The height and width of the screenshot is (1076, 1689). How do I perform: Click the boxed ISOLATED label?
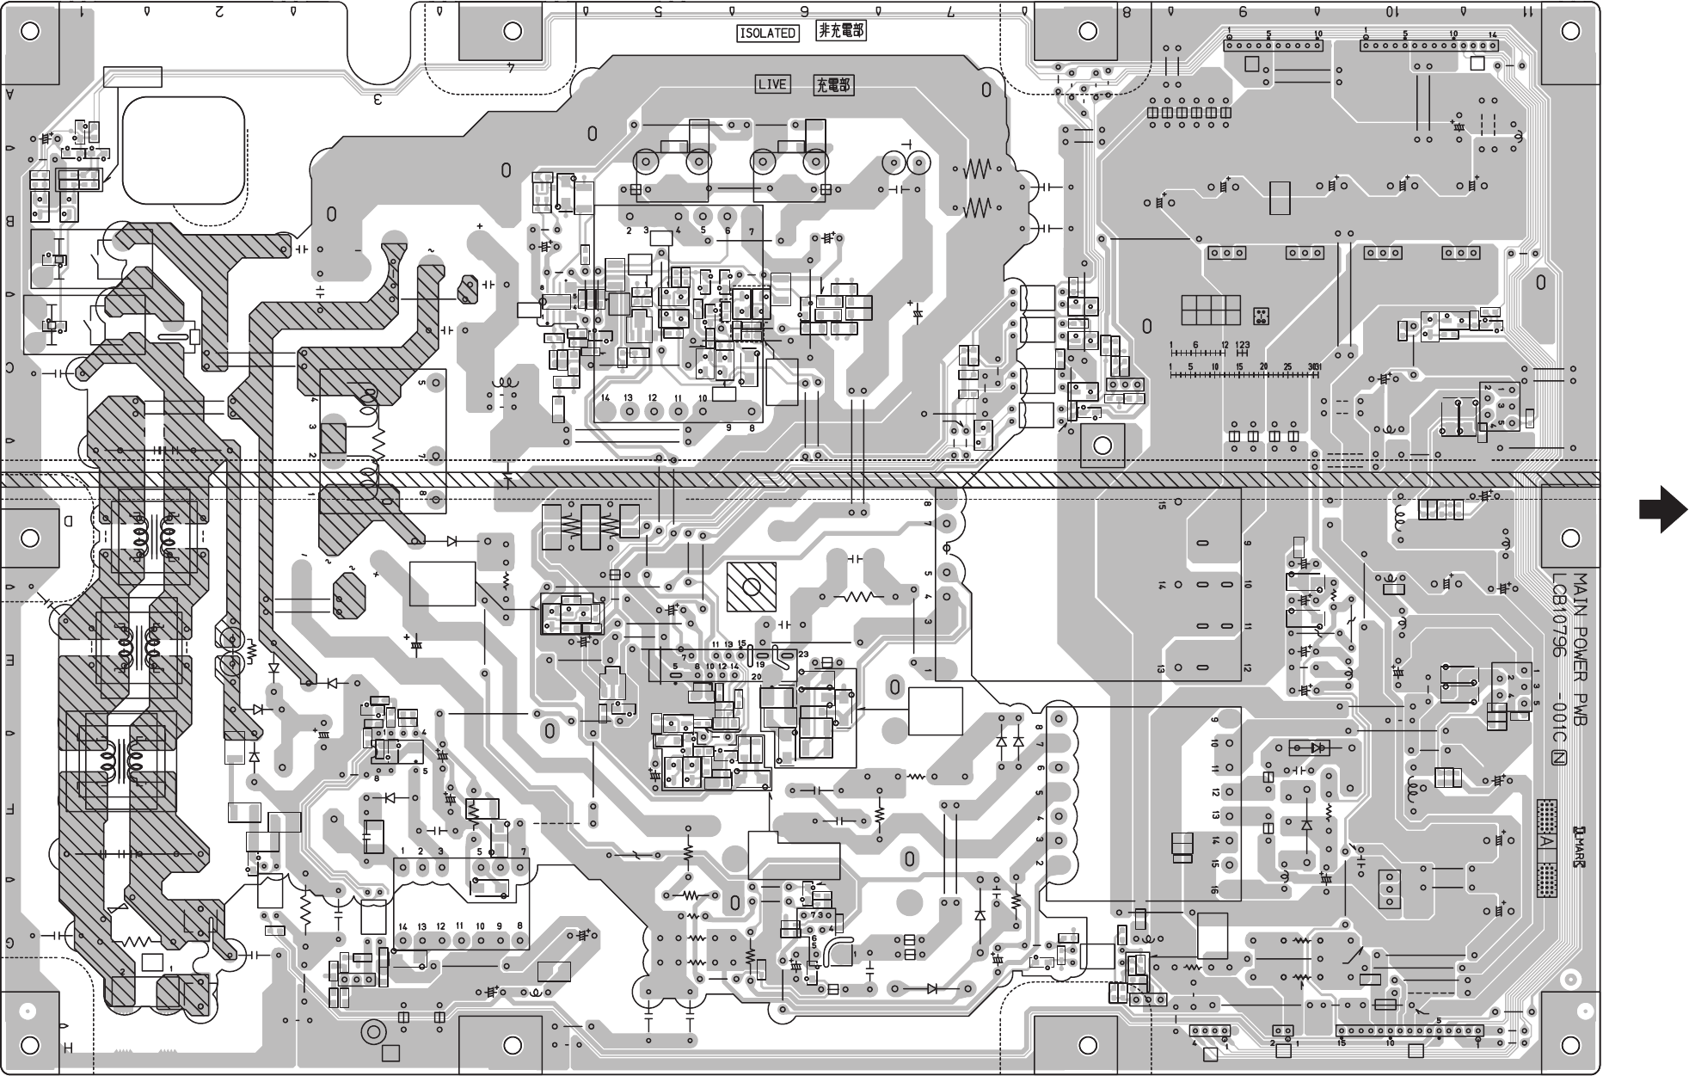point(767,33)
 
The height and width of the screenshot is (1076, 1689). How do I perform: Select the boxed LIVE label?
point(772,84)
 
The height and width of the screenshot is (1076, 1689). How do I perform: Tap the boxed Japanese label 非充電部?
point(841,32)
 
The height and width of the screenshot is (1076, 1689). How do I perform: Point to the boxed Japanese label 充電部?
point(833,85)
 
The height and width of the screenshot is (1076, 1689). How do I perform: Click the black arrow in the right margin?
point(1661,511)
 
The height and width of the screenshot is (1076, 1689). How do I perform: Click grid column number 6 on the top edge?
point(805,12)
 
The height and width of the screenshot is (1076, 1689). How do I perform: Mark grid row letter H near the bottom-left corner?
point(67,1047)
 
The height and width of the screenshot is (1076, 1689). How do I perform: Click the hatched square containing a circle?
point(752,587)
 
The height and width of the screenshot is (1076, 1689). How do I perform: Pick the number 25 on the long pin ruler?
point(1287,367)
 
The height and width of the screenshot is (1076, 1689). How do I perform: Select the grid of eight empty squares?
point(1210,310)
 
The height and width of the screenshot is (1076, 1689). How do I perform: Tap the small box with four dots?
point(1261,316)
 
